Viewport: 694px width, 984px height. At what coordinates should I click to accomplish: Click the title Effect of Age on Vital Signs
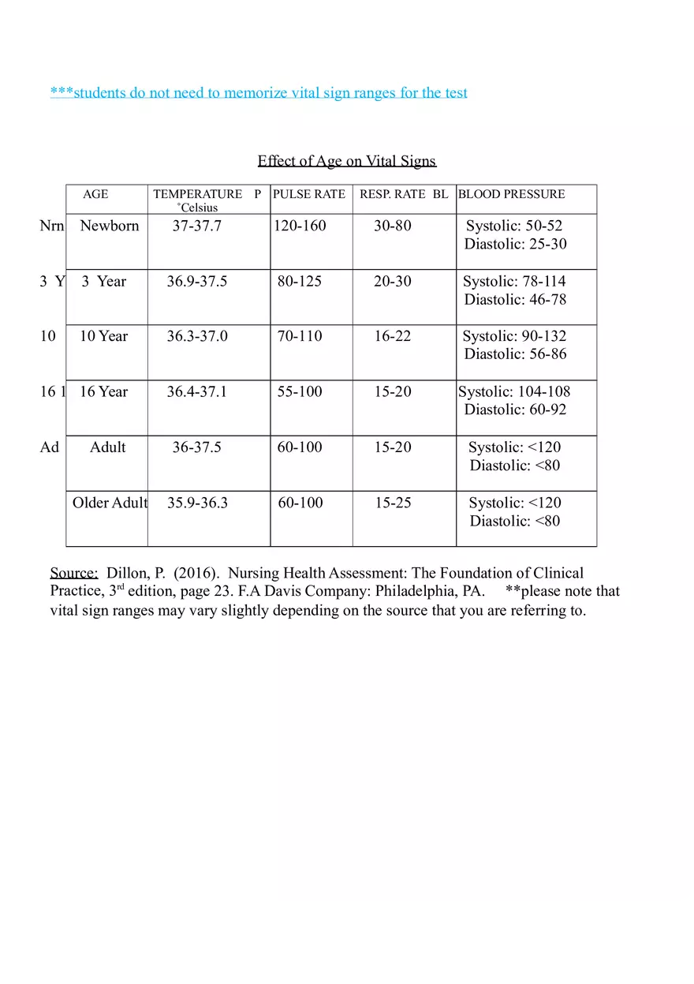(346, 161)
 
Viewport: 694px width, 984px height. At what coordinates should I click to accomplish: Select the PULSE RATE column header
(309, 194)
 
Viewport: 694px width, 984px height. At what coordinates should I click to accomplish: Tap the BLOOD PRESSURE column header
(512, 194)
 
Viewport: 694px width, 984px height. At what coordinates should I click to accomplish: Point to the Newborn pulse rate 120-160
(300, 226)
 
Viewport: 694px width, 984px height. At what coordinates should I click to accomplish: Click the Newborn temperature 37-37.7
(197, 226)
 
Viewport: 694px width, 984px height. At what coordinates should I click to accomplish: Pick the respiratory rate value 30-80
(393, 226)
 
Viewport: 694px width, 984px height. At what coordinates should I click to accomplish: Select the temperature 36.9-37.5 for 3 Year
(197, 282)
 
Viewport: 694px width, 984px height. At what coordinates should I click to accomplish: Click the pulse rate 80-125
(300, 282)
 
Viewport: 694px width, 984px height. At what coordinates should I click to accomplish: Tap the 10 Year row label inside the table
(103, 336)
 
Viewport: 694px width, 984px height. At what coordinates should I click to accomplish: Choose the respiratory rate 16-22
(393, 336)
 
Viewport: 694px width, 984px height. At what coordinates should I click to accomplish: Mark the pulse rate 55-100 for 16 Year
(300, 391)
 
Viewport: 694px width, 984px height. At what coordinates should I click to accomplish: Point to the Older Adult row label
(110, 503)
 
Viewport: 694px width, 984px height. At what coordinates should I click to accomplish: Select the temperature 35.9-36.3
(197, 503)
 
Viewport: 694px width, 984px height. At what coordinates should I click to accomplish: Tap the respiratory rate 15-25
(393, 503)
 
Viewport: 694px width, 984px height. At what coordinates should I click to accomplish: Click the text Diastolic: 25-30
(515, 244)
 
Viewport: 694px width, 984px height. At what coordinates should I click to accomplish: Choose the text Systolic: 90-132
(514, 336)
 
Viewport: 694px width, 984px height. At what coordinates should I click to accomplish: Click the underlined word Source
(73, 573)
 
